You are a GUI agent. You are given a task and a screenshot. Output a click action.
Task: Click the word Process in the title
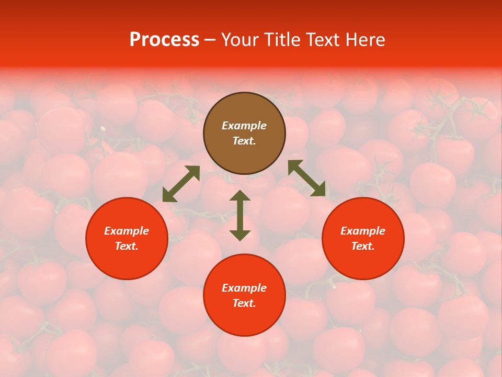pos(164,40)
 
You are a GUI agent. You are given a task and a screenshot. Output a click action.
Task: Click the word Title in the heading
pos(283,40)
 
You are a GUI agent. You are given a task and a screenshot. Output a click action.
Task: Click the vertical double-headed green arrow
pos(240,215)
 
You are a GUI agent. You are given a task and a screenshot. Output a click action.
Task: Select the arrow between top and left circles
pos(181,183)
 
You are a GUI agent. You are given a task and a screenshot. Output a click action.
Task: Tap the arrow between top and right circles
pos(306,178)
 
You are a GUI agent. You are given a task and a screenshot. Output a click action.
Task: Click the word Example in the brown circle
pos(244,126)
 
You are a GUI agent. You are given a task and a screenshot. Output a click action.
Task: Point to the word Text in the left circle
pos(127,246)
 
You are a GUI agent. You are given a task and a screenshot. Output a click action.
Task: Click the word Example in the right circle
pos(363,231)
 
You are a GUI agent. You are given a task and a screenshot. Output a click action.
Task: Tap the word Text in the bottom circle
pos(244,303)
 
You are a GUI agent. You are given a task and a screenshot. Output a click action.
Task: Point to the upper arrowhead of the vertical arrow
pos(240,196)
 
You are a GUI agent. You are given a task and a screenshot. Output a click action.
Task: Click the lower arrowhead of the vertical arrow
pos(240,235)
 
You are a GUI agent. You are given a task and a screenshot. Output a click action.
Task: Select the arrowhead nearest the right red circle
pos(319,190)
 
